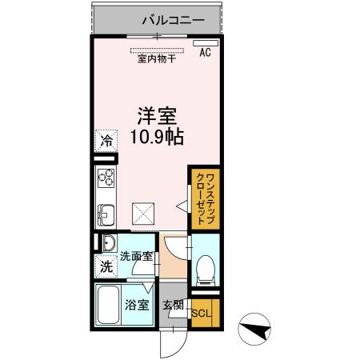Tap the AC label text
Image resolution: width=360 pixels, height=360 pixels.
click(205, 54)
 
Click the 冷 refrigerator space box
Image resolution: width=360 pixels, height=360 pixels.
click(106, 141)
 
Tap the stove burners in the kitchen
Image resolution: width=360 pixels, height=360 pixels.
click(106, 178)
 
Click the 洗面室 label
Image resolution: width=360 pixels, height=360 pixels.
click(135, 258)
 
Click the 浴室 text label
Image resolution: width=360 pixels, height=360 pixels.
click(137, 305)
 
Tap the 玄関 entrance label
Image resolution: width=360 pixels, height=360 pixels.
click(173, 305)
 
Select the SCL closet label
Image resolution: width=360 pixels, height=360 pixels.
click(202, 312)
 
